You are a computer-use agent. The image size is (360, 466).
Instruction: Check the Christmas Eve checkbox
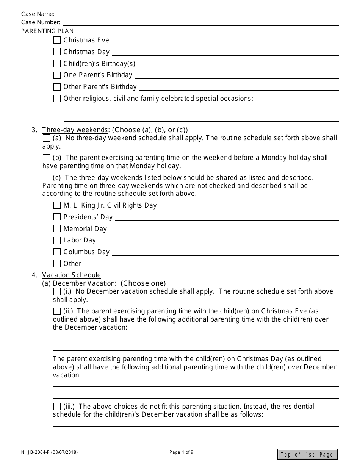(57, 40)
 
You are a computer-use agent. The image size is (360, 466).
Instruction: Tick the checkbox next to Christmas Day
(57, 52)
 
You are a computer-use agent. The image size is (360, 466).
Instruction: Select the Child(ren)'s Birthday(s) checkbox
(57, 63)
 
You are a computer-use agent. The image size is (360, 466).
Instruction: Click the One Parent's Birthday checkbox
(57, 75)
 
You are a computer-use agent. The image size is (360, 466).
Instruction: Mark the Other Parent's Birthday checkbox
(57, 87)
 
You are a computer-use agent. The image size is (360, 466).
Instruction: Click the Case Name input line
(197, 14)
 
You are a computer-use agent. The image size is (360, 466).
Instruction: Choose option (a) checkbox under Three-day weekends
(46, 138)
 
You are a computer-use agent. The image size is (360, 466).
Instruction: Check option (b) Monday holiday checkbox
(46, 158)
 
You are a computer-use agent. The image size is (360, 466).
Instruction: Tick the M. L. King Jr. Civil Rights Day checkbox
(57, 205)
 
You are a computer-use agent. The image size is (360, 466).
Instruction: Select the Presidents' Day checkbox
(57, 217)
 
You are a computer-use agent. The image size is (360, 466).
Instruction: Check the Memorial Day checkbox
(57, 229)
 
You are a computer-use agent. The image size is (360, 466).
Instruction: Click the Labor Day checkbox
(57, 240)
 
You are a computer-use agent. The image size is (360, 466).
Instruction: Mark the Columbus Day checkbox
(57, 252)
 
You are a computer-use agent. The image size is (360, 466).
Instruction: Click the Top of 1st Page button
(307, 455)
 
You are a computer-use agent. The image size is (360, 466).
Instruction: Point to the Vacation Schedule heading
(72, 275)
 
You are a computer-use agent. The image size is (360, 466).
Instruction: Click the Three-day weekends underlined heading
(75, 130)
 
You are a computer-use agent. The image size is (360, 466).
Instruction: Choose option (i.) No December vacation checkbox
(57, 291)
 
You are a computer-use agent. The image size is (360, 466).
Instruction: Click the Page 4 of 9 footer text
(181, 452)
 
